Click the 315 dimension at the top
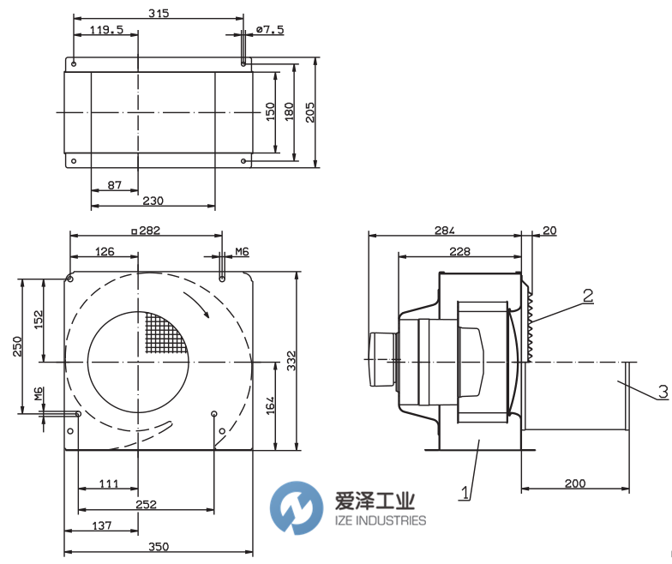[x=158, y=13]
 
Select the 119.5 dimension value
[x=107, y=30]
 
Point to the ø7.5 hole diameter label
[x=269, y=30]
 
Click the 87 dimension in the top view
[x=114, y=185]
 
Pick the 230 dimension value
[x=153, y=201]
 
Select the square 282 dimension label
[x=144, y=231]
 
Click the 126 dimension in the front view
[x=105, y=251]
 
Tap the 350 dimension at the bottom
[x=158, y=546]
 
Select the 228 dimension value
[x=460, y=251]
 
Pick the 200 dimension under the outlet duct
[x=575, y=484]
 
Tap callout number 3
[x=662, y=392]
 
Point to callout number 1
[x=465, y=493]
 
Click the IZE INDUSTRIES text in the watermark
[x=375, y=520]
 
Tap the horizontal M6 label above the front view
[x=242, y=251]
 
